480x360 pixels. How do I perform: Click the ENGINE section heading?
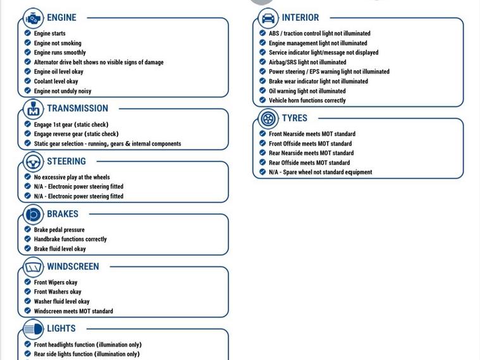click(x=61, y=18)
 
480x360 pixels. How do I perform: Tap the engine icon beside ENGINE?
click(x=33, y=18)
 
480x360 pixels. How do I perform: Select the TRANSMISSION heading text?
click(x=77, y=108)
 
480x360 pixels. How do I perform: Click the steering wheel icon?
click(x=33, y=161)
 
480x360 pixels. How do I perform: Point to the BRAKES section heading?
click(x=63, y=214)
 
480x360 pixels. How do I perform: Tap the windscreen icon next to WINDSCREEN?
click(x=33, y=267)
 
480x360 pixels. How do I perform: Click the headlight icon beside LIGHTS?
click(x=33, y=329)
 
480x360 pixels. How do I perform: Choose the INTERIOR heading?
click(x=300, y=18)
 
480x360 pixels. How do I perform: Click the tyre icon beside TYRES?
click(x=268, y=118)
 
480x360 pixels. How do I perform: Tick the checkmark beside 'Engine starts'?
click(x=28, y=34)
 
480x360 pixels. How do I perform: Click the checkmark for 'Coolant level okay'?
click(x=28, y=81)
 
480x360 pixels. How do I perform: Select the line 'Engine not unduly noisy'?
click(x=63, y=91)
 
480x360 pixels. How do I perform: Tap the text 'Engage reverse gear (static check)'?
click(x=76, y=134)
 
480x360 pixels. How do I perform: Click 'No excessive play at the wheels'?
click(x=71, y=177)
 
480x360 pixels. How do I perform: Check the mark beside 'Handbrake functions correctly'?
click(x=28, y=239)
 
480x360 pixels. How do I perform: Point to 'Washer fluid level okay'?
click(x=61, y=302)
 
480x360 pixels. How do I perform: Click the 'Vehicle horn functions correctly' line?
click(x=307, y=101)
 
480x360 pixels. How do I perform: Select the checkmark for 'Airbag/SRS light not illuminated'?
click(x=262, y=62)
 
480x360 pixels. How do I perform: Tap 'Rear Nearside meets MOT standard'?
click(x=311, y=153)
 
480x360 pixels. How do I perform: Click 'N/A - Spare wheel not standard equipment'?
click(x=320, y=172)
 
